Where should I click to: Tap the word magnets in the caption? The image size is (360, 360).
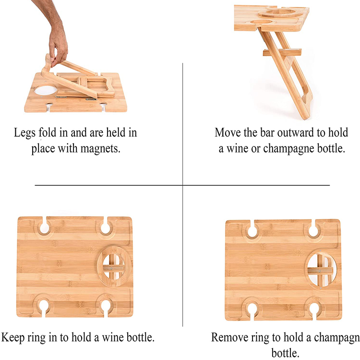click(100, 148)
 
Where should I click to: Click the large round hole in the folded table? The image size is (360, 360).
click(46, 90)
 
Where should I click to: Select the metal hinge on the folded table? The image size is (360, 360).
click(91, 99)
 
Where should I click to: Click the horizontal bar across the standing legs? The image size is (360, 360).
click(282, 53)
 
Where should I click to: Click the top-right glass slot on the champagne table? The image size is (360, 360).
click(313, 229)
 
